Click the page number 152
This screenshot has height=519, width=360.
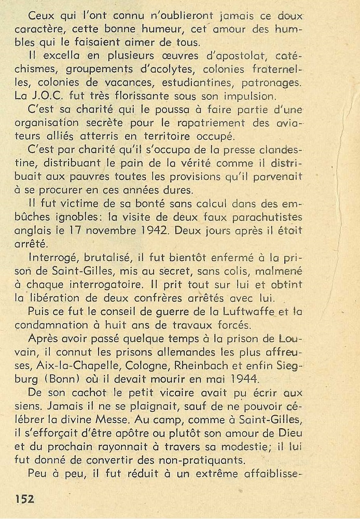24,498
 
